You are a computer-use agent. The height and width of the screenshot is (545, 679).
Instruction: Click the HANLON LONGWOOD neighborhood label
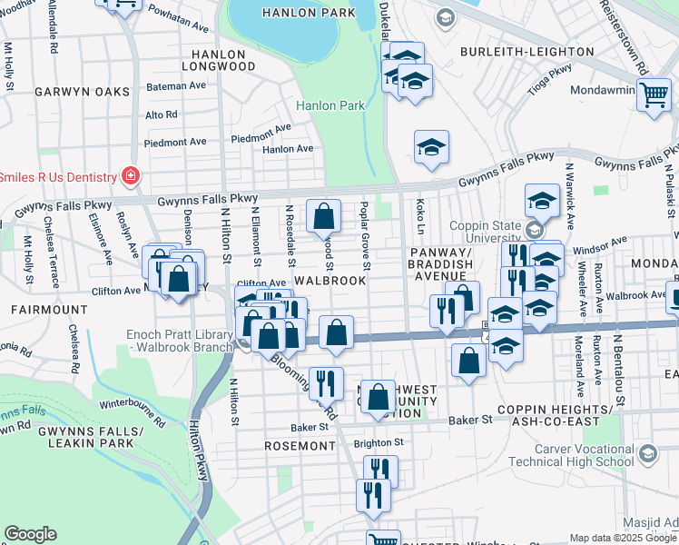click(x=219, y=58)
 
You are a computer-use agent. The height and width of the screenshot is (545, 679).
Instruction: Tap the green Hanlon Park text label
click(x=330, y=105)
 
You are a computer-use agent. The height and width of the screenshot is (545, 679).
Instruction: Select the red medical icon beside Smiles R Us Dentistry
click(x=132, y=175)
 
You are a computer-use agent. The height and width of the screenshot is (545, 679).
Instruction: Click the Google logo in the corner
click(x=30, y=534)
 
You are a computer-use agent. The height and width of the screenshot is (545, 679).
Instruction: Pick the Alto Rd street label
click(x=162, y=114)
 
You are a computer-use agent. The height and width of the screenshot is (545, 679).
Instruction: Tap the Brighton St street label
click(x=379, y=442)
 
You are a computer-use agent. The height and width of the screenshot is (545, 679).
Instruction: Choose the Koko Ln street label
click(x=420, y=214)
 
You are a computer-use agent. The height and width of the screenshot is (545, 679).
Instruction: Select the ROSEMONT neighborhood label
click(x=300, y=446)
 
